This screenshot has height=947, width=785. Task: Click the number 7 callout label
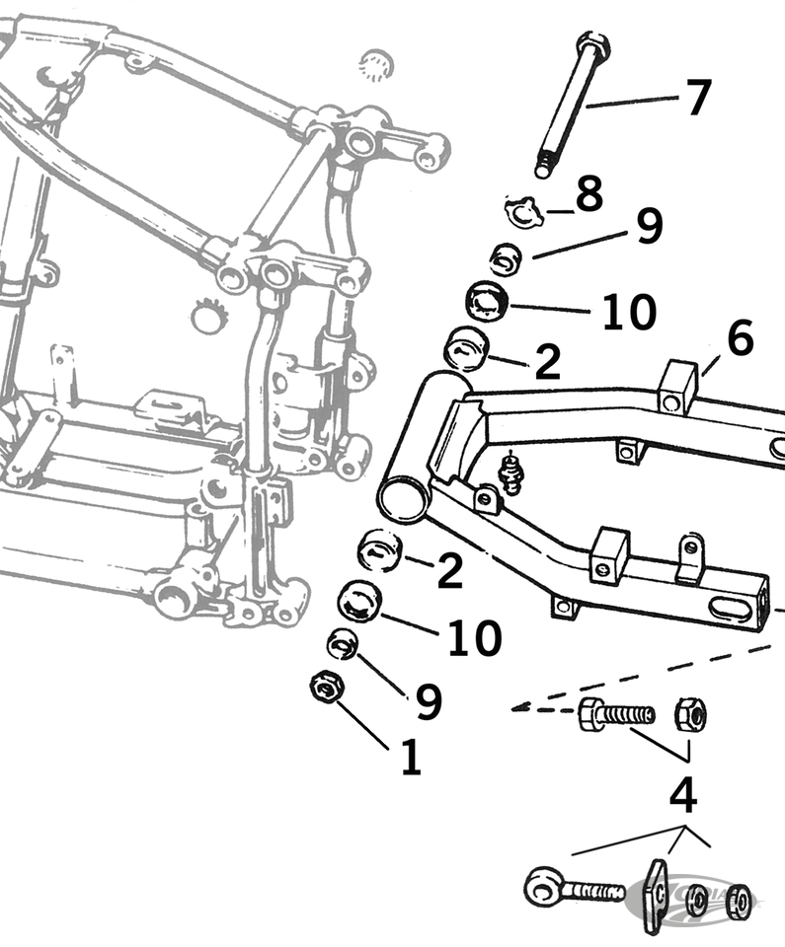click(x=697, y=98)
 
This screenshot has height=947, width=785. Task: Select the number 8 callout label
click(x=589, y=195)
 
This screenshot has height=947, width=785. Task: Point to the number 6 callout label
click(x=741, y=339)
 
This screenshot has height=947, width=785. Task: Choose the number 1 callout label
click(x=411, y=758)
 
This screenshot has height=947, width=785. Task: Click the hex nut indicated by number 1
click(x=325, y=687)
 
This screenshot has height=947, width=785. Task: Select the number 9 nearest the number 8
click(x=649, y=227)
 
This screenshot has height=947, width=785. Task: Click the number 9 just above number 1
click(x=428, y=701)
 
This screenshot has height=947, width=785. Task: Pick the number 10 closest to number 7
click(x=629, y=313)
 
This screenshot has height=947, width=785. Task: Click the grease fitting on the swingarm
click(x=510, y=473)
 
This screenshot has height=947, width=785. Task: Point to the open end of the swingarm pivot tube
click(x=403, y=498)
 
